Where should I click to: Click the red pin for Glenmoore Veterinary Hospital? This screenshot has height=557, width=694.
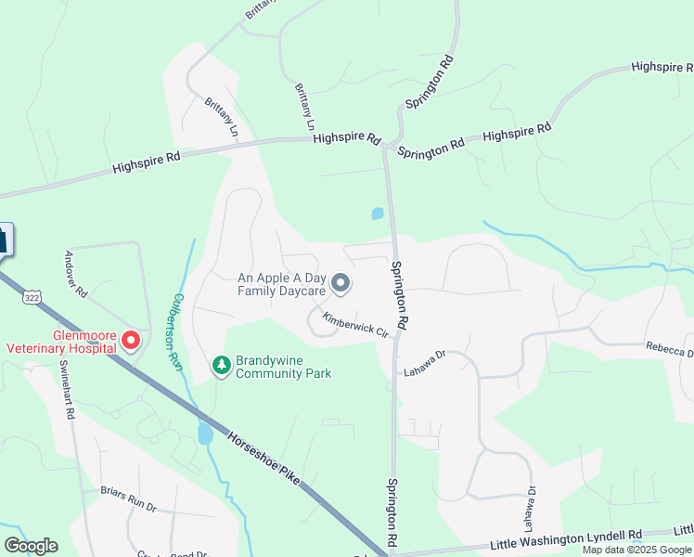point(131,342)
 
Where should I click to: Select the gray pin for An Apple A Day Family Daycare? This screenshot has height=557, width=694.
point(341,283)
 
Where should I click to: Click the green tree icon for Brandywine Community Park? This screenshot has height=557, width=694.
point(221,366)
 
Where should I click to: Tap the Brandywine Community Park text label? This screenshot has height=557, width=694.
point(283,367)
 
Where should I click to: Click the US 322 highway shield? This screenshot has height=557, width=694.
point(32,297)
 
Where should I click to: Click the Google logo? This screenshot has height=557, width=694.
point(31,546)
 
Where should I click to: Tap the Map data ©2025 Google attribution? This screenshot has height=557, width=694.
point(636,549)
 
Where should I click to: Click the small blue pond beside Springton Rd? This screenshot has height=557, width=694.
point(377,214)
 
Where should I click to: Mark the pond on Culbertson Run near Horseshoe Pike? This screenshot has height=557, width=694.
point(205,434)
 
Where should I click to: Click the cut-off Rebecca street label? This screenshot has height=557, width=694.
point(670,350)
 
